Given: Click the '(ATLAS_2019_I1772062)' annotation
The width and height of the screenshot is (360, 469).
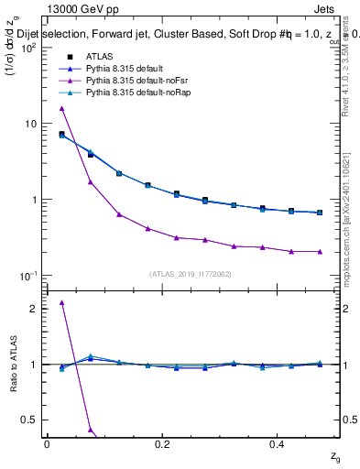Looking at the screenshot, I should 191,273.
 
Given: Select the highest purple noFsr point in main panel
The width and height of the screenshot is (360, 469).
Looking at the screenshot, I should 61,108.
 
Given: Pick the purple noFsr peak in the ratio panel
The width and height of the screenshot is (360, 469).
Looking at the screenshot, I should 61,302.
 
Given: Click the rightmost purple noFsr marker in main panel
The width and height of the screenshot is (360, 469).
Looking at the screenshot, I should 318,251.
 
